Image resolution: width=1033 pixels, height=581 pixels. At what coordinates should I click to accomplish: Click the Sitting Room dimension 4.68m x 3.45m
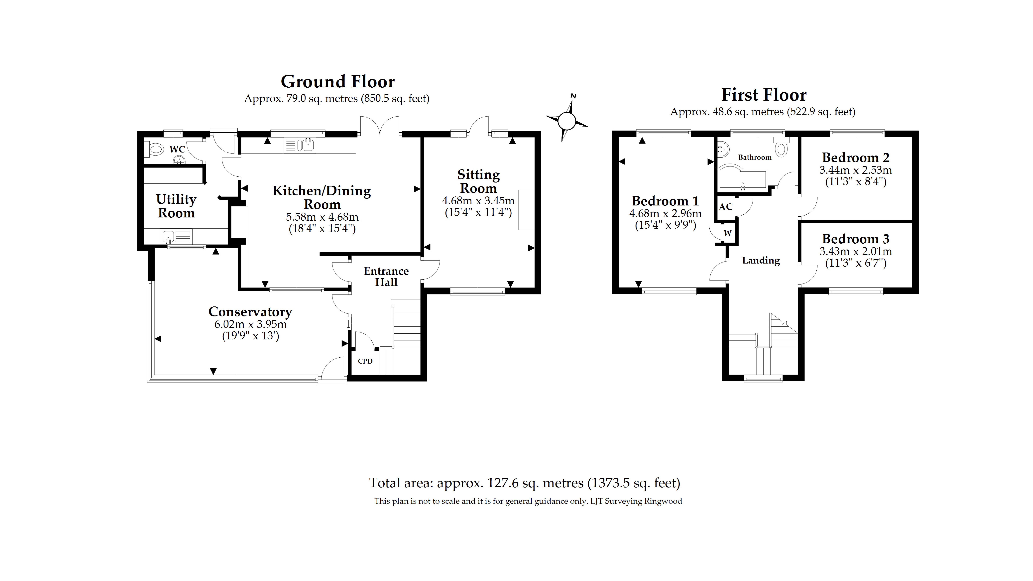click(478, 201)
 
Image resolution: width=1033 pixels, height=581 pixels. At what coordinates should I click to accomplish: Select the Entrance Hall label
click(386, 277)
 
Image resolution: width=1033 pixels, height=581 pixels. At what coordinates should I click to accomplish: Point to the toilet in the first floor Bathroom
click(781, 149)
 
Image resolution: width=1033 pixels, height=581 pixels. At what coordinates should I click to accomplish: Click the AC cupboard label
click(725, 207)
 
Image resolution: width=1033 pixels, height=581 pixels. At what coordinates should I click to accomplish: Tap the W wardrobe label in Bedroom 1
click(727, 233)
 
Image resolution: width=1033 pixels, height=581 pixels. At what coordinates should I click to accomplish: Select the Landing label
click(761, 261)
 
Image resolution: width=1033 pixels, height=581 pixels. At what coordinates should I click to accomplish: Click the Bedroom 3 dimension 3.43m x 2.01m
click(855, 251)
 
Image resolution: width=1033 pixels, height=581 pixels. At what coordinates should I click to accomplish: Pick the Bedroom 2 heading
click(855, 158)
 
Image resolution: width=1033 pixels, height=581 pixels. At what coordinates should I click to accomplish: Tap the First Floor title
click(764, 95)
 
